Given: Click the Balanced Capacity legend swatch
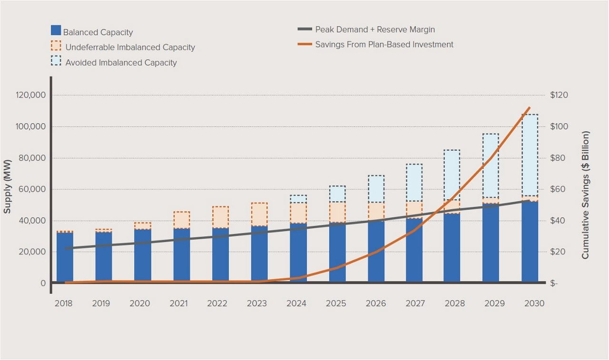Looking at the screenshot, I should (56, 30).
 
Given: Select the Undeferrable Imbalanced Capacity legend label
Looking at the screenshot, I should (130, 48).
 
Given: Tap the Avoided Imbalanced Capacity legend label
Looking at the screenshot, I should (121, 63).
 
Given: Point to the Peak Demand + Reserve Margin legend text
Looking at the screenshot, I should (375, 29).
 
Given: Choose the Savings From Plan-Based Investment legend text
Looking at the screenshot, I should (384, 45).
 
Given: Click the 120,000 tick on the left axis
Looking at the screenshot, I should (29, 95).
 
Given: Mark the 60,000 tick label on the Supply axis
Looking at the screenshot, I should (31, 189).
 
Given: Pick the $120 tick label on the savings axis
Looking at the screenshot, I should (559, 95).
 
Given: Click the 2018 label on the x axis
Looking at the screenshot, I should (63, 303).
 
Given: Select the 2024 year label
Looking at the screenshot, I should (297, 303).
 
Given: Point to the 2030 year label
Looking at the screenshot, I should (533, 303).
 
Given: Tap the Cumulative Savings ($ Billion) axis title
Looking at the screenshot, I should (585, 195).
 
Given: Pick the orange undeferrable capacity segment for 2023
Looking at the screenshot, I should (259, 214).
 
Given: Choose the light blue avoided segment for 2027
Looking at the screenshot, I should (414, 183).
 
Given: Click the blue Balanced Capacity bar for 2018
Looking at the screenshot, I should (65, 257).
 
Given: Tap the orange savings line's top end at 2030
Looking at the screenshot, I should (529, 108).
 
